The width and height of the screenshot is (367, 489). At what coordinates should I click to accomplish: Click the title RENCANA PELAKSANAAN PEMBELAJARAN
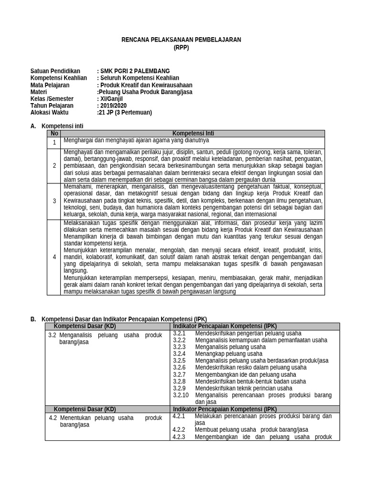(x=182, y=40)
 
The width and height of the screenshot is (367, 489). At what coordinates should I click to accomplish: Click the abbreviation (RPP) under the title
(x=182, y=47)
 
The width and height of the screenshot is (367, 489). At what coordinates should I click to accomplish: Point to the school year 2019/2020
(x=113, y=106)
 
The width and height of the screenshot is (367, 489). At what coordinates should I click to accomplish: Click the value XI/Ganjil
(x=111, y=99)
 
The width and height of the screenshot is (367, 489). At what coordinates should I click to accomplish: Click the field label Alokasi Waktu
(x=49, y=113)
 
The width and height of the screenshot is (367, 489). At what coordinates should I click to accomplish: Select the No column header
(x=54, y=134)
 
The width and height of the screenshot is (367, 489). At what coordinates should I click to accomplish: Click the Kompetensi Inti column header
(x=193, y=134)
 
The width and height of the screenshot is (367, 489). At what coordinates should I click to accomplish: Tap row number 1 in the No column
(x=54, y=142)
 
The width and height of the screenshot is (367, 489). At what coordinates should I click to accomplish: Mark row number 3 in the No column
(x=54, y=201)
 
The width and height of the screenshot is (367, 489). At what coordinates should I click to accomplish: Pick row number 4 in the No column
(x=54, y=257)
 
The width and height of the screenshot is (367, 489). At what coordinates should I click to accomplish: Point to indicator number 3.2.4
(x=179, y=354)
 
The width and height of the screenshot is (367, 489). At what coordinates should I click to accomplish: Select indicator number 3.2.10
(x=181, y=395)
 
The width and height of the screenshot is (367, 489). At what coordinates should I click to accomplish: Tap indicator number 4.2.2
(x=179, y=429)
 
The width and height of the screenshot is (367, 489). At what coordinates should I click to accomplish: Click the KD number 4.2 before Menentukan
(x=53, y=418)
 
